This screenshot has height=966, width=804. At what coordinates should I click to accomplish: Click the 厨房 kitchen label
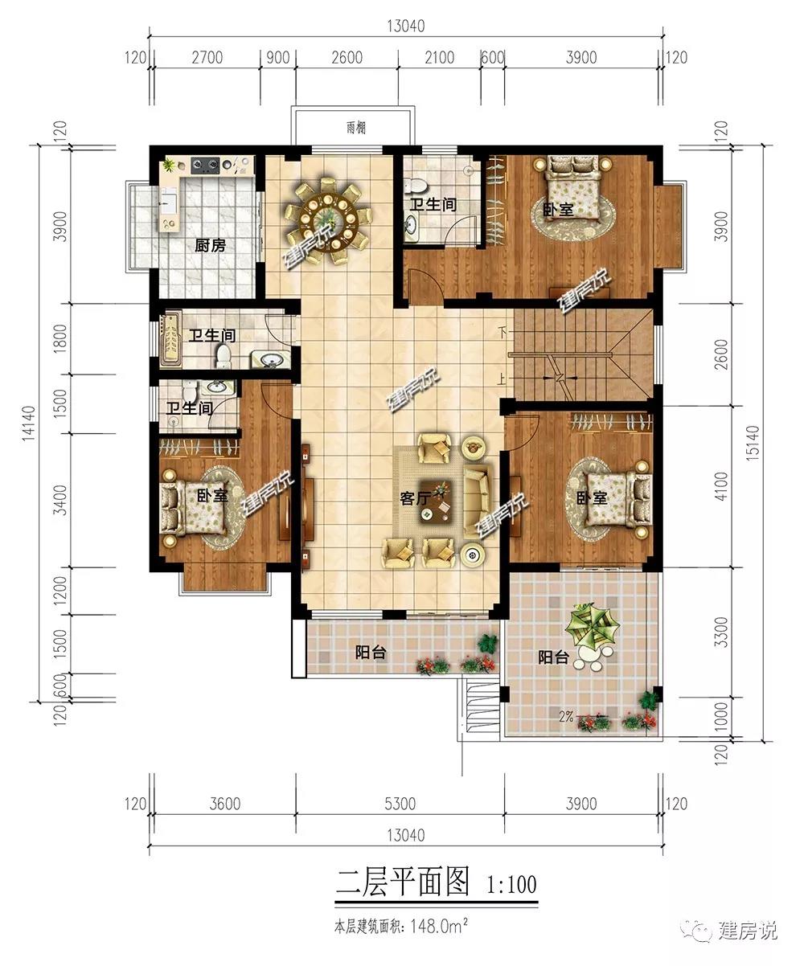click(210, 245)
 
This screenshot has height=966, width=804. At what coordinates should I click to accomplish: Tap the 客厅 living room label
click(415, 498)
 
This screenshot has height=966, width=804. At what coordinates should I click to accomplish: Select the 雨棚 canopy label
click(356, 128)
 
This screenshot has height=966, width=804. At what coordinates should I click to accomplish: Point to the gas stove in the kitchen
click(205, 164)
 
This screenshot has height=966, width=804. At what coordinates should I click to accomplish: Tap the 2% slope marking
click(566, 717)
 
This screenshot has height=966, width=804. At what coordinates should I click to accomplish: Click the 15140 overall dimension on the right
click(753, 442)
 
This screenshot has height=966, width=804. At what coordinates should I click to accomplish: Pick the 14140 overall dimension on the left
click(29, 423)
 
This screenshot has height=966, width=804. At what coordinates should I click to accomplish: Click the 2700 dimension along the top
click(207, 58)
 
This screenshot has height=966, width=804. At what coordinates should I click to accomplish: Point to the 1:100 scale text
click(511, 884)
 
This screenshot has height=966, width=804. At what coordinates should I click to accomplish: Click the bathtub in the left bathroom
click(170, 341)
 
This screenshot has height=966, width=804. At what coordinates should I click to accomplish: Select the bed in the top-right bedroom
click(572, 188)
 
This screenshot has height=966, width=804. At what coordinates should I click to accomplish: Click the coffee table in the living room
click(437, 503)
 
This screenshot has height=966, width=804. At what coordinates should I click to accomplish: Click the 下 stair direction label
click(504, 332)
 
